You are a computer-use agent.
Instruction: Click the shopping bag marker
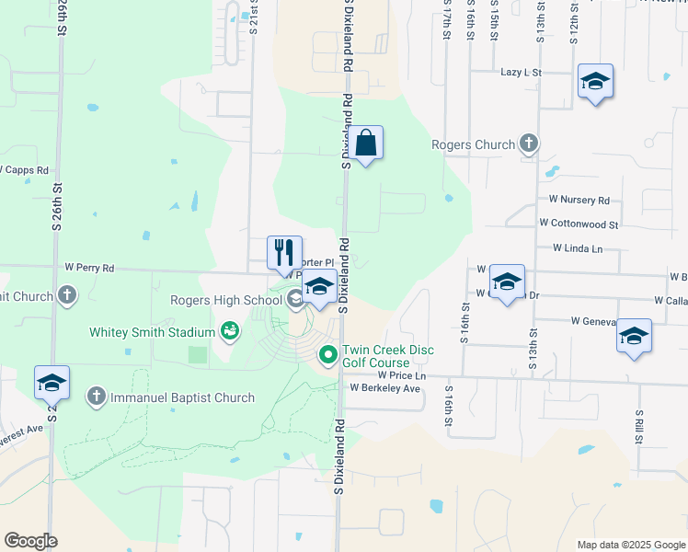click(365, 144)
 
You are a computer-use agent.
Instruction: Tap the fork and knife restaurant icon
click(284, 253)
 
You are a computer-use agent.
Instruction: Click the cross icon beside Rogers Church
click(528, 144)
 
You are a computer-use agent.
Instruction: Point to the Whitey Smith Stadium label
click(152, 332)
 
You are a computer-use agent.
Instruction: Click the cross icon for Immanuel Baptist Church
click(96, 397)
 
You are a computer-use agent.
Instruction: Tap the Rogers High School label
click(226, 300)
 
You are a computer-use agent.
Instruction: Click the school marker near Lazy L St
click(595, 82)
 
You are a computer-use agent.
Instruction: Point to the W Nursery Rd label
click(579, 200)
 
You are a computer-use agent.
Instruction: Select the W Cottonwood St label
click(579, 224)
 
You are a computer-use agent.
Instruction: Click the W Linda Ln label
click(578, 248)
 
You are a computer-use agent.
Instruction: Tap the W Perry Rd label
click(89, 269)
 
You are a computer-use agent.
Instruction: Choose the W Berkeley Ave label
click(384, 388)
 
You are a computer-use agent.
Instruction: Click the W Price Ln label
click(402, 375)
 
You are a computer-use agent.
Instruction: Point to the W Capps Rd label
click(24, 170)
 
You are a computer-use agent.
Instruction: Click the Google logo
click(30, 541)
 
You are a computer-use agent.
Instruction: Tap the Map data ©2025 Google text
click(630, 545)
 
